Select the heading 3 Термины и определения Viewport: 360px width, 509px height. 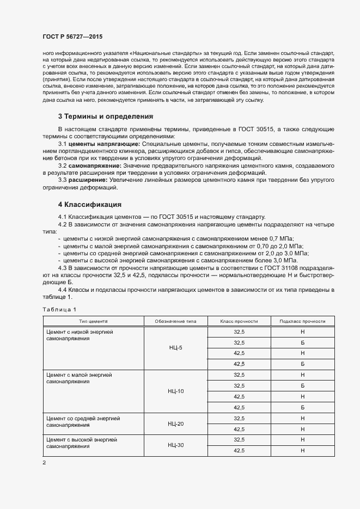click(x=105, y=116)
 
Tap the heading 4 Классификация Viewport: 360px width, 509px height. click(x=89, y=205)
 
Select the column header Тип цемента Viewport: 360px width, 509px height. click(x=93, y=321)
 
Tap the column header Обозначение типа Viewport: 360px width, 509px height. click(x=176, y=321)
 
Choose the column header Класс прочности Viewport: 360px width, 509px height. click(x=239, y=321)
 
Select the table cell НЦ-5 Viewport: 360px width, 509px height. click(x=176, y=347)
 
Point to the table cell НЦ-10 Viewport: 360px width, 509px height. click(x=176, y=391)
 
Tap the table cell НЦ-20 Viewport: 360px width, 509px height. click(x=176, y=424)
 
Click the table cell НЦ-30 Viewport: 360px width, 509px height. click(x=176, y=445)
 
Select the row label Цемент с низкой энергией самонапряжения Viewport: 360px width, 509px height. click(x=79, y=335)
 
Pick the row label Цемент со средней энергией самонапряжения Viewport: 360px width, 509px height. click(x=83, y=421)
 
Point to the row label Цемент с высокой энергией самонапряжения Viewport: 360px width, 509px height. click(x=82, y=443)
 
